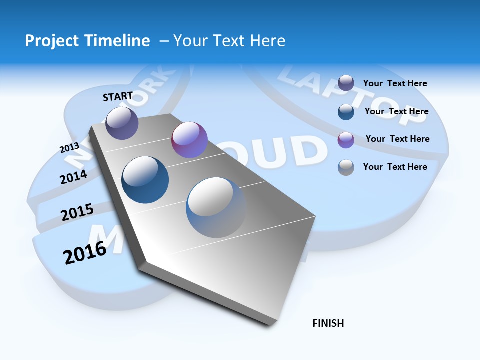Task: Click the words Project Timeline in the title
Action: coord(87,41)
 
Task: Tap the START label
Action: coord(118,96)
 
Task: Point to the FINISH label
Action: coord(328,323)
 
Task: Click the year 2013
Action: coord(69,148)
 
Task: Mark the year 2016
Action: coord(85,253)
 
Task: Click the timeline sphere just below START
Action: coord(122,123)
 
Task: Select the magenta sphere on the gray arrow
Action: coord(189,140)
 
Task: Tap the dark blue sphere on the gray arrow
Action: coord(145,180)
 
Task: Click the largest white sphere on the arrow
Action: coord(216,207)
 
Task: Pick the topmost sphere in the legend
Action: coord(346,83)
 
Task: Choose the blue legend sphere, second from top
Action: coord(346,111)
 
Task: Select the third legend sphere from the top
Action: coord(346,140)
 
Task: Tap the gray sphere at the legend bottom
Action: coord(346,167)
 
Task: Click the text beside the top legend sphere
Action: coord(395,83)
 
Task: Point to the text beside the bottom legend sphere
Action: coord(395,167)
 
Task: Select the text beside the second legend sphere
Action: coord(396,111)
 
